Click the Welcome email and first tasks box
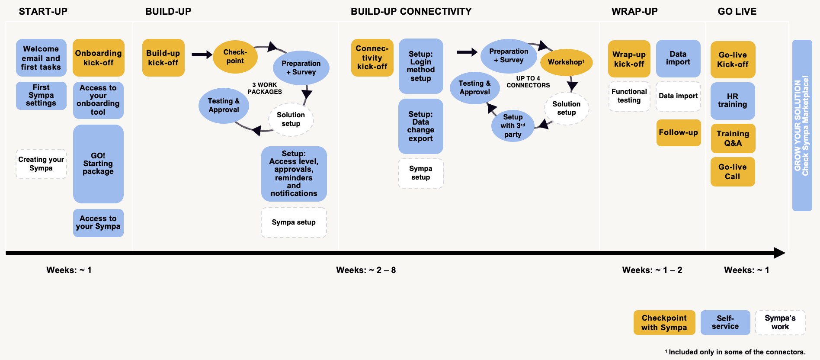pyautogui.click(x=41, y=58)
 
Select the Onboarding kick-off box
pyautogui.click(x=98, y=58)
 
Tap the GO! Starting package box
pyautogui.click(x=98, y=164)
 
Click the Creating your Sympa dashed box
pyautogui.click(x=41, y=164)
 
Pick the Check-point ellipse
pyautogui.click(x=235, y=57)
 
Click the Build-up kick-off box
pyautogui.click(x=163, y=58)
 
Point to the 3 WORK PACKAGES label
pyautogui.click(x=265, y=88)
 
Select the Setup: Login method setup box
pyautogui.click(x=420, y=66)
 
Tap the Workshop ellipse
pyautogui.click(x=566, y=62)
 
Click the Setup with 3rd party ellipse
pyautogui.click(x=512, y=126)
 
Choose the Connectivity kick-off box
pyautogui.click(x=372, y=58)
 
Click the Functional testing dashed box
pyautogui.click(x=629, y=96)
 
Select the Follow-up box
pyautogui.click(x=678, y=133)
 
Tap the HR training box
pyautogui.click(x=732, y=100)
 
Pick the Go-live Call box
pyautogui.click(x=732, y=172)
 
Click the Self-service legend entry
pyautogui.click(x=725, y=322)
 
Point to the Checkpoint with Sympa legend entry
pyautogui.click(x=664, y=322)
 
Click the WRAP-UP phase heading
pyautogui.click(x=634, y=12)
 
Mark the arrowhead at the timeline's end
pyautogui.click(x=779, y=253)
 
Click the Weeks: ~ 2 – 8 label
pyautogui.click(x=366, y=270)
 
